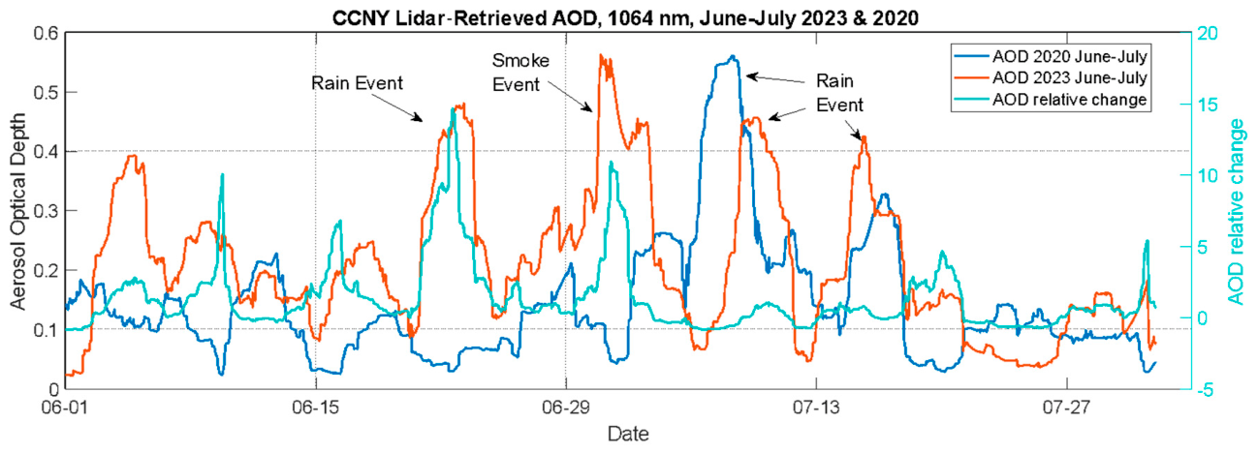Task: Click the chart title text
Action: (x=625, y=17)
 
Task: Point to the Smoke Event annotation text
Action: (x=520, y=73)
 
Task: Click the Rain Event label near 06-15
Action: (x=358, y=83)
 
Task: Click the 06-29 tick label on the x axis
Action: (x=566, y=408)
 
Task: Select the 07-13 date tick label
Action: (x=816, y=408)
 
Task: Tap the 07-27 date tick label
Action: (x=1066, y=408)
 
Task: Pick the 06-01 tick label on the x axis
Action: (x=65, y=408)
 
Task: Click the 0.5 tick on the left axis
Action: (x=47, y=93)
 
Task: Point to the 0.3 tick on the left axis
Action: (x=47, y=211)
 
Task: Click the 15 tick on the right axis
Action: (x=1207, y=105)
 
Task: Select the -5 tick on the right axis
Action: (x=1207, y=390)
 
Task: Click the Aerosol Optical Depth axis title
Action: (x=18, y=211)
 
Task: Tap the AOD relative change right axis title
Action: (x=1237, y=212)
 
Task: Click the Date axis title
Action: (x=628, y=434)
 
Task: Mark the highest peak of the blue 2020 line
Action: (x=731, y=56)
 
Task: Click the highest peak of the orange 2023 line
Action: (x=600, y=55)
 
